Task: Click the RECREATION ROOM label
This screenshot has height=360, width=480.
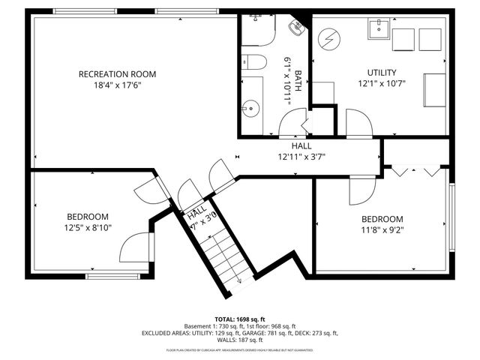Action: [118, 73]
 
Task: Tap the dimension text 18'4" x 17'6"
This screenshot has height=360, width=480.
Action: [118, 85]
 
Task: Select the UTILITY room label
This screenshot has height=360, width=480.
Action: [381, 72]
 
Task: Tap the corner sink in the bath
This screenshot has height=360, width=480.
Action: [298, 27]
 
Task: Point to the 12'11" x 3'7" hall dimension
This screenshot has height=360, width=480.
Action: [301, 157]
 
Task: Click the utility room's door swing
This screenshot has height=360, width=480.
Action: [357, 124]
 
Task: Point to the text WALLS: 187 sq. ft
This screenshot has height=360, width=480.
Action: [240, 340]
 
